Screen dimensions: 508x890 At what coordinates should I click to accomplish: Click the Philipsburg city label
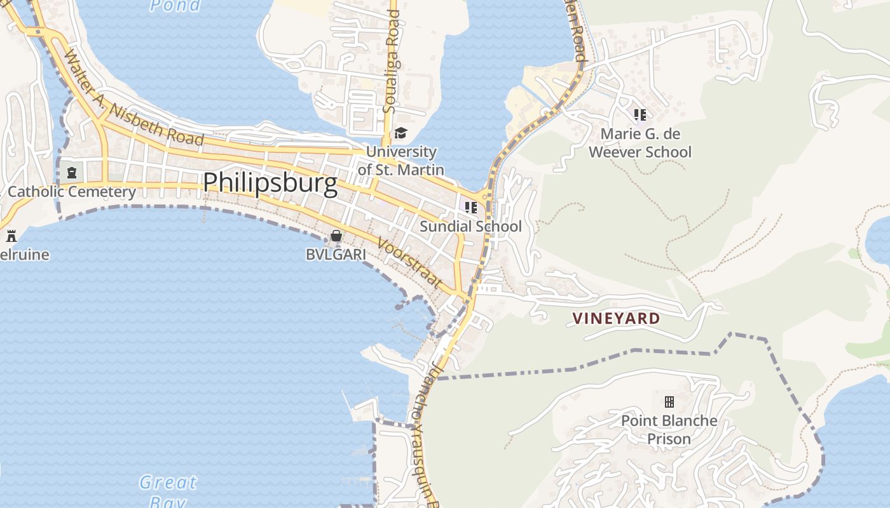270,183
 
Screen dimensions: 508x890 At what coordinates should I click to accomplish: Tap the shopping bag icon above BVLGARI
336,236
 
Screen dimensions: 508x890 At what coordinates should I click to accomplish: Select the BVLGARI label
336,255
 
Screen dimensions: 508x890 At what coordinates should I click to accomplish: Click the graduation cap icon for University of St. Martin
400,133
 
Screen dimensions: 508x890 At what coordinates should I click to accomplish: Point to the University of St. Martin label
400,161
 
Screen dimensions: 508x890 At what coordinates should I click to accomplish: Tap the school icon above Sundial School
470,208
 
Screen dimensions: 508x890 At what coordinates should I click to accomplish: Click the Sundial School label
470,227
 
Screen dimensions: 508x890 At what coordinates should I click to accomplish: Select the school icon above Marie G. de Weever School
640,115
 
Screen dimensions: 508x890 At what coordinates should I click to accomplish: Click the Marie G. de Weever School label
640,143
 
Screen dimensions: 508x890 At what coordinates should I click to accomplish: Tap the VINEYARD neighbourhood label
617,318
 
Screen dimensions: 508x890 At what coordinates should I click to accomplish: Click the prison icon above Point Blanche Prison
669,401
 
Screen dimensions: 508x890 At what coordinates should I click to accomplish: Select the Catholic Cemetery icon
72,172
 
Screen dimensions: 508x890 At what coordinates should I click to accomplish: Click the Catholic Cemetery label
72,192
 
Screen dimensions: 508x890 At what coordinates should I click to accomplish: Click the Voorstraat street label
409,264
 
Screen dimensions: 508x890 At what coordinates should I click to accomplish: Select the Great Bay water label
168,491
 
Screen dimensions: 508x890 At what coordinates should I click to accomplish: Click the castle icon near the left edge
11,236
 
